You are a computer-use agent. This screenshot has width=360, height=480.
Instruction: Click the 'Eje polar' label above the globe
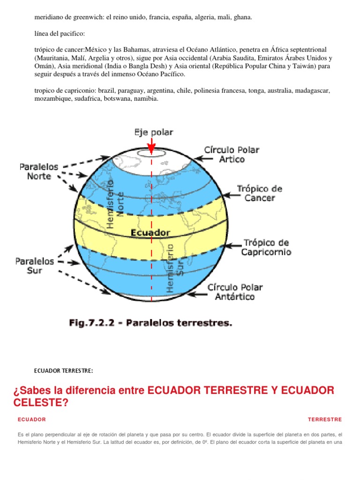tap(153, 132)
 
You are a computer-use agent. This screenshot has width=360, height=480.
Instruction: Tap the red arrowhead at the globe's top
tap(151, 147)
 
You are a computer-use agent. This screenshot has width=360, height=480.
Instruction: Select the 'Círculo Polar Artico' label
tap(231, 154)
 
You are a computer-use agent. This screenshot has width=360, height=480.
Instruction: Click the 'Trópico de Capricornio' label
tap(266, 247)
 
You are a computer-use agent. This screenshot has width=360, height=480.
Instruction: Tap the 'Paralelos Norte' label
tap(39, 171)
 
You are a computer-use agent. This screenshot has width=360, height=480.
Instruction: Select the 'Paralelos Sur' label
tap(35, 266)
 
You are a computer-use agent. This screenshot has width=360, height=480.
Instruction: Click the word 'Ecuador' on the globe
tap(150, 232)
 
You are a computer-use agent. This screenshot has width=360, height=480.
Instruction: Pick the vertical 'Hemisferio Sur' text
tap(176, 268)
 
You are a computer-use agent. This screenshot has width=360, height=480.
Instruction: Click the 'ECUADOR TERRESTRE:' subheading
tap(63, 371)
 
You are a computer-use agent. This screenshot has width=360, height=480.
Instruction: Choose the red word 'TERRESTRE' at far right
tap(325, 420)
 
